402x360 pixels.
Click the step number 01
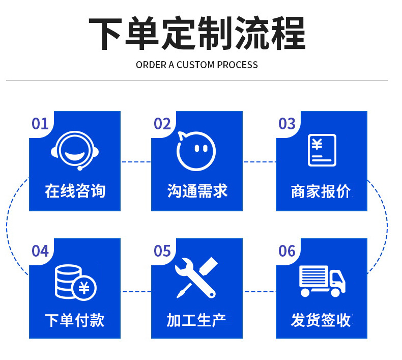40,124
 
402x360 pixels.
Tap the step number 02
162,124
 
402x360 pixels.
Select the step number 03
287,124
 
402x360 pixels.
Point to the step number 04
40,251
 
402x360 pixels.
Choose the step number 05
162,251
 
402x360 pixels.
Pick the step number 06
287,251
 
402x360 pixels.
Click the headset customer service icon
75,150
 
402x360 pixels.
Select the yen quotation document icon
322,150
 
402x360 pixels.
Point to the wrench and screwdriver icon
196,278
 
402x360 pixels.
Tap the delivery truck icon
322,281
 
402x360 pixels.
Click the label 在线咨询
75,191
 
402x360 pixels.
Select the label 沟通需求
197,191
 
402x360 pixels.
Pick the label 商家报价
321,191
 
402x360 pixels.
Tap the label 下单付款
75,320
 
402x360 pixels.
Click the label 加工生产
196,320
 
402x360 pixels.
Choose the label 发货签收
321,320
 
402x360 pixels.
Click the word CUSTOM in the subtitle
195,65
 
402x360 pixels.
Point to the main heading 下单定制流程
197,34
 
